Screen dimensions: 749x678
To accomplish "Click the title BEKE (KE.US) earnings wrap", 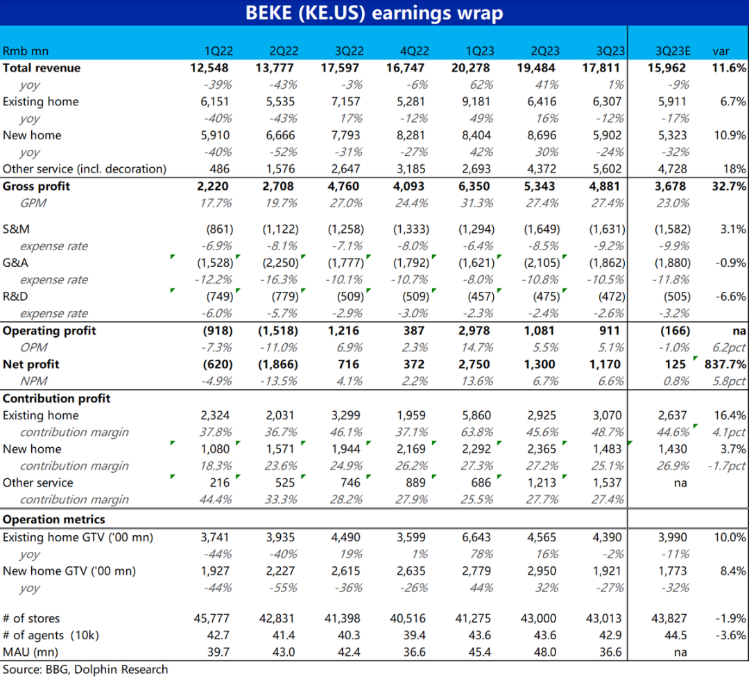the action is [374, 13].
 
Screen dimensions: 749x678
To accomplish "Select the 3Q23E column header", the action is [673, 51].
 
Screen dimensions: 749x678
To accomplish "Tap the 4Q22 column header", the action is [414, 51].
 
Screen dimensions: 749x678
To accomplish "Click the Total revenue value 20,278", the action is [470, 68].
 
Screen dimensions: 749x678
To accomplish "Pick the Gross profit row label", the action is [36, 186].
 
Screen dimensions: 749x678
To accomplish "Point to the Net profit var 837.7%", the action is [725, 365].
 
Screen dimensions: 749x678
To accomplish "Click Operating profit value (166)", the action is [675, 331].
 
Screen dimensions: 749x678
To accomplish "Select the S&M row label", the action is [16, 229].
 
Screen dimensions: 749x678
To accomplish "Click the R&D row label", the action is [15, 297].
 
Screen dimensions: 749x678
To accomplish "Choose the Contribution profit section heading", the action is [56, 398].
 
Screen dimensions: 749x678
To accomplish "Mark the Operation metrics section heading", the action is [54, 519].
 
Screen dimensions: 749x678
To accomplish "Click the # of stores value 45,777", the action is [212, 618].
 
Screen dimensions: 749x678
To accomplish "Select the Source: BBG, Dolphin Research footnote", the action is [85, 670].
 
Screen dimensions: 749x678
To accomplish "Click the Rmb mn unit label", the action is [26, 51].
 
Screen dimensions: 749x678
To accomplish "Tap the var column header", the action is [721, 51].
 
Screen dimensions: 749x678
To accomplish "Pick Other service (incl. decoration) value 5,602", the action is [607, 169].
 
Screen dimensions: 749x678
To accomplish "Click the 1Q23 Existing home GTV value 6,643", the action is [476, 537].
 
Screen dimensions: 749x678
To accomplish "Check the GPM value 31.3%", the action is [476, 203].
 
